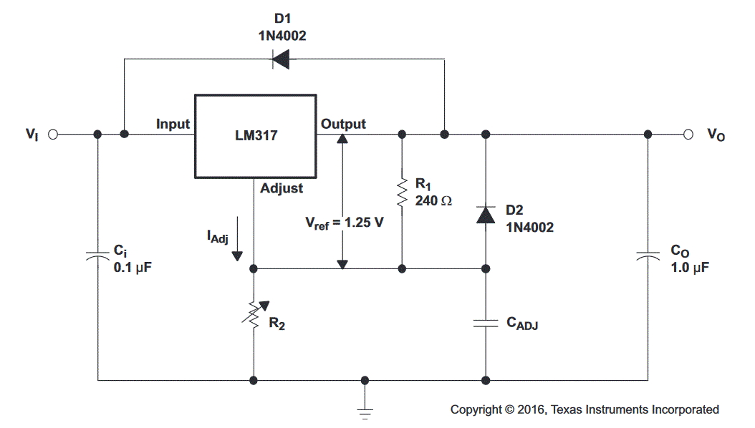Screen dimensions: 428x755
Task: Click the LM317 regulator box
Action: (255, 136)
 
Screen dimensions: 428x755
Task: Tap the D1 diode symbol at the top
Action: (280, 59)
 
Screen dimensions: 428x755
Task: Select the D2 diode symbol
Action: (486, 214)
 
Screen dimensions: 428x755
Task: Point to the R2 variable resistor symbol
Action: (254, 314)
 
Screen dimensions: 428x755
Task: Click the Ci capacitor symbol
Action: (97, 256)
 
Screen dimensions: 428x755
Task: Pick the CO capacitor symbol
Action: (648, 256)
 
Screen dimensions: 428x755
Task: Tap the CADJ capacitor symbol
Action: (486, 322)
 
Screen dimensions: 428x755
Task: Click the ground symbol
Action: (365, 410)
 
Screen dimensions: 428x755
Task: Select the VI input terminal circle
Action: (52, 134)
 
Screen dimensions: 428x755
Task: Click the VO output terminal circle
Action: (688, 134)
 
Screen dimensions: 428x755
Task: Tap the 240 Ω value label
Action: (433, 201)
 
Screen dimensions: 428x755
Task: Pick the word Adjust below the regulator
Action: (281, 188)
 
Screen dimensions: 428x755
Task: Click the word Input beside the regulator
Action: (173, 124)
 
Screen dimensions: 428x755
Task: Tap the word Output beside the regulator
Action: (343, 124)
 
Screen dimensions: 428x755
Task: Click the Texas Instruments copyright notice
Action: (585, 409)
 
